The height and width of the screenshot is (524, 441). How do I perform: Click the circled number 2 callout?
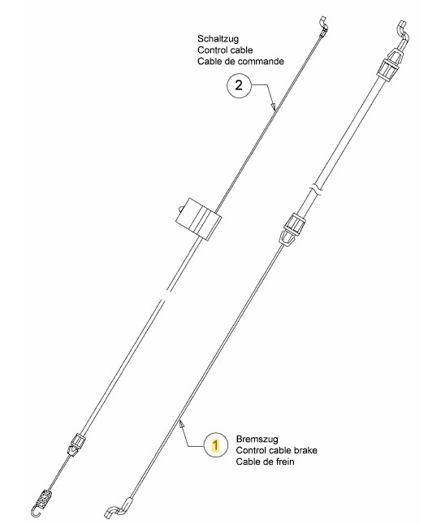[239, 85]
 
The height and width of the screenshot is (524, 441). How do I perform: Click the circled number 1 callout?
[216, 445]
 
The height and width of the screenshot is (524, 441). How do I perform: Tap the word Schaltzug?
[218, 39]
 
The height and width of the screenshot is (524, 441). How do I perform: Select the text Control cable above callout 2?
[225, 50]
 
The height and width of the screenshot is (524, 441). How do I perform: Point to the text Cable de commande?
[240, 62]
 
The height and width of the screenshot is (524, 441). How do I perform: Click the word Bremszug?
[257, 439]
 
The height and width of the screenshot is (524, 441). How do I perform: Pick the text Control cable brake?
[277, 450]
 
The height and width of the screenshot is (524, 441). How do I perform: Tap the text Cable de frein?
[265, 461]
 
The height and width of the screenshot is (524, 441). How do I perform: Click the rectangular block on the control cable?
[198, 219]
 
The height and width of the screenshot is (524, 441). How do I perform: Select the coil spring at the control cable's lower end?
[44, 498]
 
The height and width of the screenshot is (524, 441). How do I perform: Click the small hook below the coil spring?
[35, 511]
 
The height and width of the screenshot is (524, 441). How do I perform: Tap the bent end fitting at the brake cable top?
[403, 32]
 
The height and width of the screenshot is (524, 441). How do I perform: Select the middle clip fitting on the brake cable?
[292, 230]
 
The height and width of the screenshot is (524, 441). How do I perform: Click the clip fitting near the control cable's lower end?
[76, 444]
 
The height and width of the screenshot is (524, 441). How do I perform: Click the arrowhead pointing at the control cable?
[273, 106]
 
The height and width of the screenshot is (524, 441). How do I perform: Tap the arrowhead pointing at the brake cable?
[181, 424]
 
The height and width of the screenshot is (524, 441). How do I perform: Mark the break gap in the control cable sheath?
[165, 296]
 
